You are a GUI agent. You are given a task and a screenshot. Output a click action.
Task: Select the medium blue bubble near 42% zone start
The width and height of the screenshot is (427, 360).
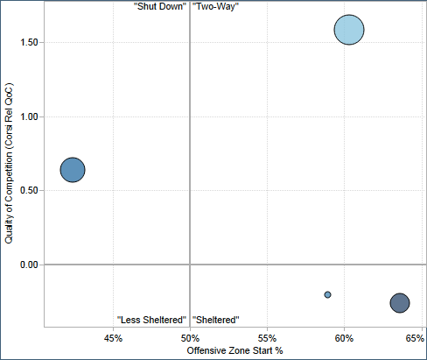pos(73,170)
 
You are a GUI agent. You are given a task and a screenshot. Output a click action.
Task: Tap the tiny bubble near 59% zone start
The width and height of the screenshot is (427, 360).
pos(327,294)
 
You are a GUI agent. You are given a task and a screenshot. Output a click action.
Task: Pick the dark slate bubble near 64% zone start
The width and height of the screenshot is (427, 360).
pos(400,302)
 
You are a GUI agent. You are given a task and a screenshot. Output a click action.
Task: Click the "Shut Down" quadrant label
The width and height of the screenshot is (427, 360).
pos(159,6)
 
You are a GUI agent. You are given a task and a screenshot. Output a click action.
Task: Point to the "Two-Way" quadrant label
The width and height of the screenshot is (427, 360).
pos(215,6)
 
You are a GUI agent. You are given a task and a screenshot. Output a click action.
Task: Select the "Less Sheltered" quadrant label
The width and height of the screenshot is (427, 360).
pos(152,320)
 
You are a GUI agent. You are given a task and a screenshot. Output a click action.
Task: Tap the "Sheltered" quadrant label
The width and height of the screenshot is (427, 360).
pos(215,320)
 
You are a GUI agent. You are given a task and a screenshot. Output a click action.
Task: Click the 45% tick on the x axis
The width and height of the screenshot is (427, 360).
pos(113,337)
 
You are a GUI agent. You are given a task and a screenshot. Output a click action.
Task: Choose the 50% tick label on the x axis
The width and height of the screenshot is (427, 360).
pos(190,337)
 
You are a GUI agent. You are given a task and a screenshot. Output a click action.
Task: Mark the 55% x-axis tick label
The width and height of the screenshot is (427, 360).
pos(267,337)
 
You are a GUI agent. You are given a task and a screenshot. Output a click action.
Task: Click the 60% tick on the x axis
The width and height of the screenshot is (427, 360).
pos(344,337)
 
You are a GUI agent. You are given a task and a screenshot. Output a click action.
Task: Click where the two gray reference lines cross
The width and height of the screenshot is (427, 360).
pos(190,265)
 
